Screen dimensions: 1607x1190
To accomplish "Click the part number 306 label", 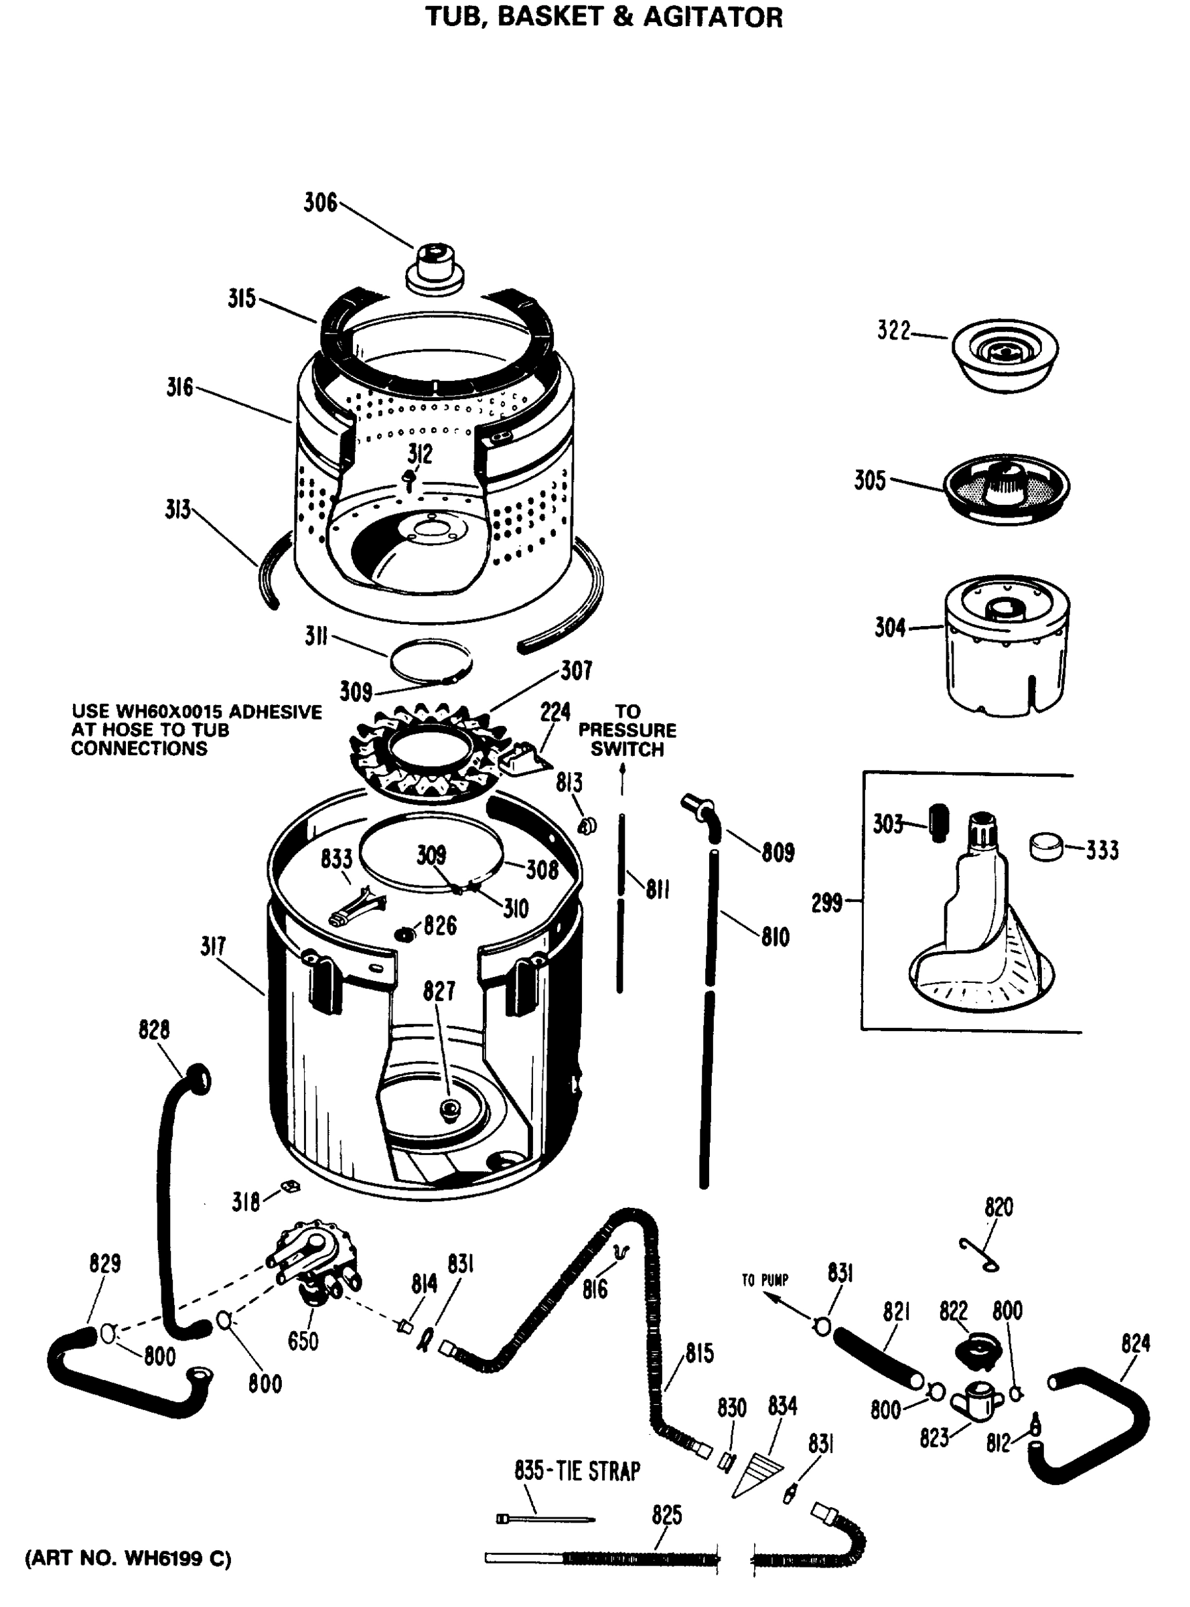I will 320,203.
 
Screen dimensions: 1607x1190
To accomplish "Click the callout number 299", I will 827,902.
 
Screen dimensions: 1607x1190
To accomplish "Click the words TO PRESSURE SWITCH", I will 627,731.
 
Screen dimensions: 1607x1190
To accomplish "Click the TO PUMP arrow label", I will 765,1280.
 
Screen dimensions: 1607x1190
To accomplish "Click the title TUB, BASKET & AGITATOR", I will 603,17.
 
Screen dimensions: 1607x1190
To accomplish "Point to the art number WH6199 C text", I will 128,1559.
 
